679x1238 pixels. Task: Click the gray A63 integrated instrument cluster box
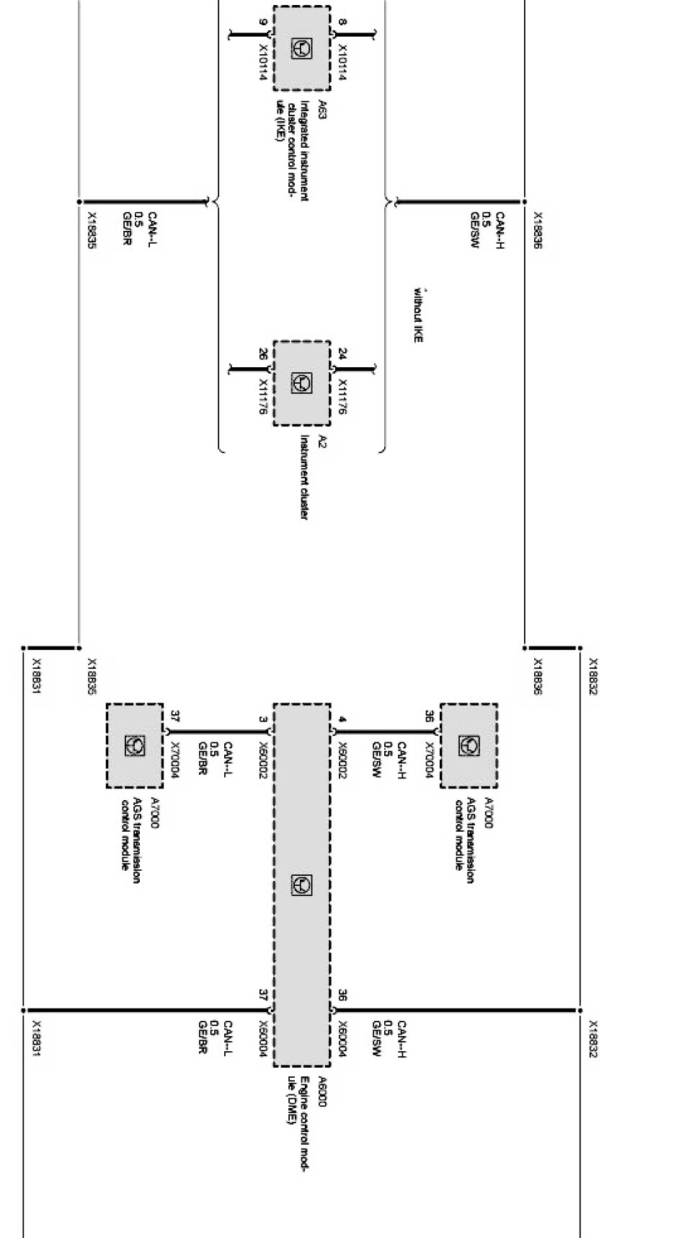(301, 48)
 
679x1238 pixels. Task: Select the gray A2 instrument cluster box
(301, 383)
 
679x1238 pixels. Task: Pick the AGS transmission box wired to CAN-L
(135, 745)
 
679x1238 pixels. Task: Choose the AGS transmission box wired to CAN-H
(469, 745)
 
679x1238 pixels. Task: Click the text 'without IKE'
(417, 315)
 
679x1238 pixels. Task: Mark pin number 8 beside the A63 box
(342, 22)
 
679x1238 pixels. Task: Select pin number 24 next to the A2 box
(342, 354)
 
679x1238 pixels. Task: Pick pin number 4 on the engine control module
(342, 719)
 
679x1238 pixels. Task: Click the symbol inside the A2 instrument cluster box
(301, 383)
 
